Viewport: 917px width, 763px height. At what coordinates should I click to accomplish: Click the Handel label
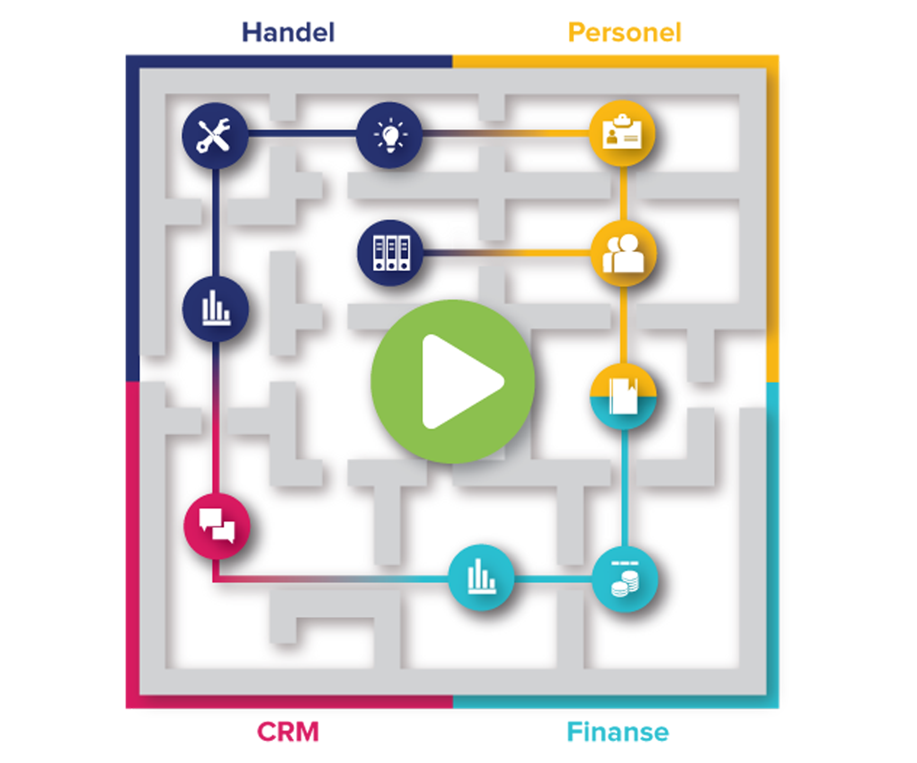click(288, 32)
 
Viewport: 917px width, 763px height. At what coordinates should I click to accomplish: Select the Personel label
click(625, 32)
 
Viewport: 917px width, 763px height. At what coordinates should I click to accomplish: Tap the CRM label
click(288, 732)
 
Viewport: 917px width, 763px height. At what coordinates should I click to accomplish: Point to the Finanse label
click(618, 732)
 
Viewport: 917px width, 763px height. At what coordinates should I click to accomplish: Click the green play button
click(453, 381)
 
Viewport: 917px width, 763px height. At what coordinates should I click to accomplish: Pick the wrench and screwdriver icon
click(215, 136)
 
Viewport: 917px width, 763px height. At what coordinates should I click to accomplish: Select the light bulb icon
click(389, 135)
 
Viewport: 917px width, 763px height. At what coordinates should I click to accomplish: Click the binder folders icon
click(391, 253)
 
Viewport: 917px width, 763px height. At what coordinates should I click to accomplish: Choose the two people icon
click(624, 253)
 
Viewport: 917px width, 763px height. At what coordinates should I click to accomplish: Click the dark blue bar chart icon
click(216, 309)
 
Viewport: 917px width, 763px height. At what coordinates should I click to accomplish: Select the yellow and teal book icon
click(624, 396)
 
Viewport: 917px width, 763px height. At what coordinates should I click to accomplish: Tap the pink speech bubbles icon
click(217, 526)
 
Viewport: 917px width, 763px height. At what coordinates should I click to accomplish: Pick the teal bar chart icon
click(481, 577)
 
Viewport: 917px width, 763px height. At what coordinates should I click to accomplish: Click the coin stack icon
click(625, 579)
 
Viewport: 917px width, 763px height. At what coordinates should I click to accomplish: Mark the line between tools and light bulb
click(302, 134)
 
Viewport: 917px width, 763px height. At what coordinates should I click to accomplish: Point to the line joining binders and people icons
click(507, 253)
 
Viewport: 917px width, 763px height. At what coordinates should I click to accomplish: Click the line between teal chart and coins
click(553, 579)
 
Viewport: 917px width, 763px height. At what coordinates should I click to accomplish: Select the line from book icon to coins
click(625, 487)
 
